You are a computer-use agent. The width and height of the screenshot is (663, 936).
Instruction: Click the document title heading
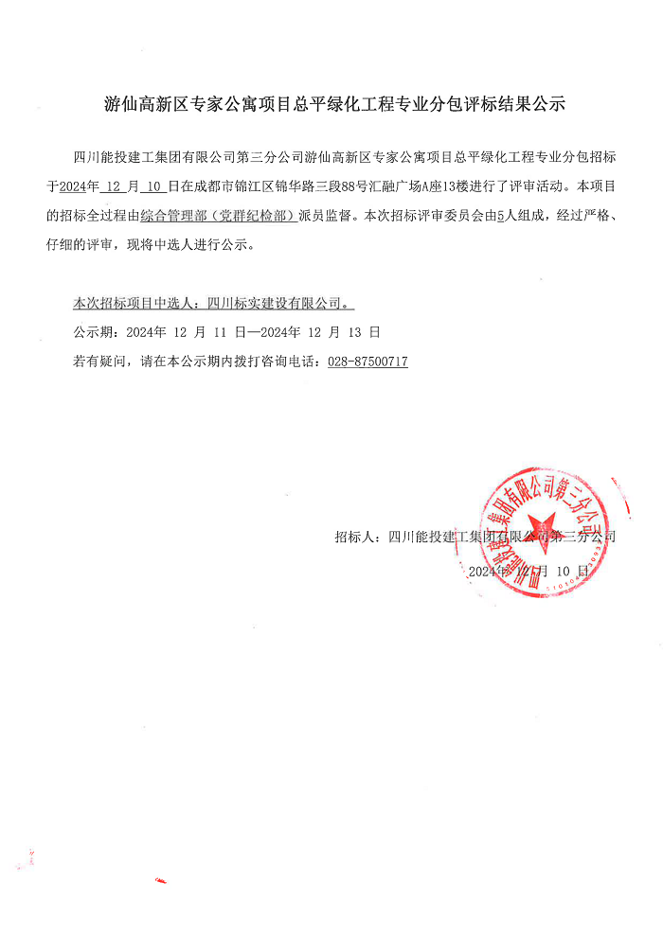click(333, 105)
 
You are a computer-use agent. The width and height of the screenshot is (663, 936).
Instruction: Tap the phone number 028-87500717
click(367, 362)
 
